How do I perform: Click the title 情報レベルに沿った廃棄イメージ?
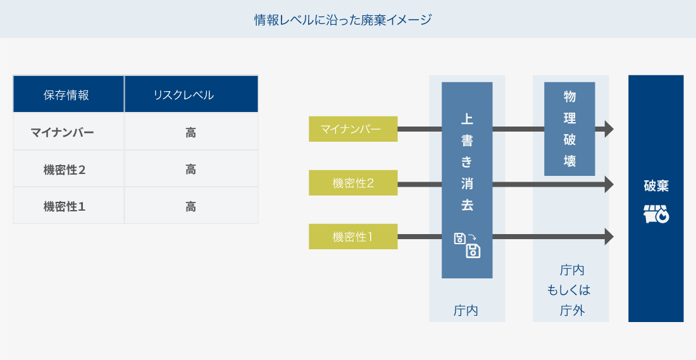(x=343, y=20)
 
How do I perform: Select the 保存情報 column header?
(x=68, y=94)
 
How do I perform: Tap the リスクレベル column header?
(x=191, y=94)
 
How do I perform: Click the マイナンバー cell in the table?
(x=68, y=132)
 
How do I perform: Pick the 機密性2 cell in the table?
(x=68, y=169)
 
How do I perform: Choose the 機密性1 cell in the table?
(x=68, y=206)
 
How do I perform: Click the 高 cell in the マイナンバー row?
(x=191, y=132)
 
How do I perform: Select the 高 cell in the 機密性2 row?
(x=191, y=169)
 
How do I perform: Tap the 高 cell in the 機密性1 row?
(x=191, y=206)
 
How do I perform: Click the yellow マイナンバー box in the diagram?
(x=353, y=129)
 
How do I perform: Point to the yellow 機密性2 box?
(x=353, y=183)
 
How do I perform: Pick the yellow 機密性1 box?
(x=353, y=237)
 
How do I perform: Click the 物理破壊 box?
(x=569, y=128)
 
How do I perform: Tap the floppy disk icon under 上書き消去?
(x=467, y=245)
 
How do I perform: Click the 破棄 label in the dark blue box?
(x=656, y=185)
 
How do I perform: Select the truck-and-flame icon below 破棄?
(x=656, y=214)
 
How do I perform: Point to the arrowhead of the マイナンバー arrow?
(x=609, y=129)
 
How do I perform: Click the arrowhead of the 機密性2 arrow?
(x=609, y=184)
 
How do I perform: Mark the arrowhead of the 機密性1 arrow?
(x=609, y=237)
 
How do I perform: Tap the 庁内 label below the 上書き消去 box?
(x=466, y=310)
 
